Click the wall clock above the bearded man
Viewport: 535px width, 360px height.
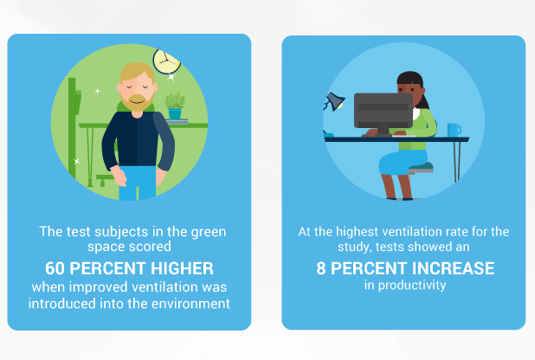[x=166, y=61]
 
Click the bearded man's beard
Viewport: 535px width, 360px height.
[x=138, y=102]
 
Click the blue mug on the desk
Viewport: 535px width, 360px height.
[x=454, y=130]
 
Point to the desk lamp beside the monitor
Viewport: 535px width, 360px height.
[x=333, y=101]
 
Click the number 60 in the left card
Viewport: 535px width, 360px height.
[x=55, y=268]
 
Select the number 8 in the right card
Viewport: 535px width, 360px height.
[x=320, y=268]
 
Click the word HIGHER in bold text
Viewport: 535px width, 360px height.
[x=182, y=268]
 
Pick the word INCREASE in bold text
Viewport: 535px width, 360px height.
[x=454, y=268]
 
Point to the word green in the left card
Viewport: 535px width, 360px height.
[x=208, y=233]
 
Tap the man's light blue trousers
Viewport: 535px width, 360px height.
[x=137, y=183]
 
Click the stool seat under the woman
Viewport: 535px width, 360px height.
[x=421, y=168]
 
